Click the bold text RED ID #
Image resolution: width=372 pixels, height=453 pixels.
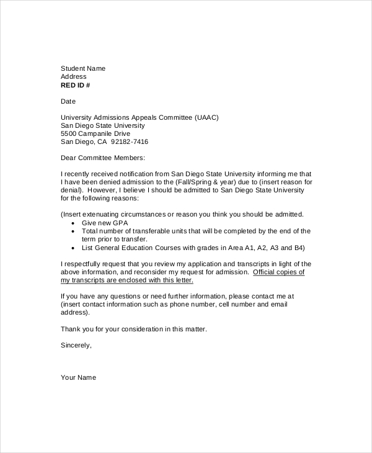pos(75,85)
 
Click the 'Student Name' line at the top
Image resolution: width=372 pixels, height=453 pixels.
pos(83,68)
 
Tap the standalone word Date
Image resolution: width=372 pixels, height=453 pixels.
pos(68,101)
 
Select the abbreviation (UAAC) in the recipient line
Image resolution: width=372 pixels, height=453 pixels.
pos(206,117)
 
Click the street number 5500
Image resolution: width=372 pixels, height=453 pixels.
pos(69,133)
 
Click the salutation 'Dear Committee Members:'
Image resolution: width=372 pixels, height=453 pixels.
pos(102,158)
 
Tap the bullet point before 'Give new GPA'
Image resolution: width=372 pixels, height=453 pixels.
pos(74,222)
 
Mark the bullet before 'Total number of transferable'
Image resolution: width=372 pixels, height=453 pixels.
pos(74,231)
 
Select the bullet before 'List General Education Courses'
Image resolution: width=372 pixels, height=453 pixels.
pos(74,247)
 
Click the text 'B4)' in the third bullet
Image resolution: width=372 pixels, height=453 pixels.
pos(299,247)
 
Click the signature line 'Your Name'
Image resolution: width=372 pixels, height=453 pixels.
pos(78,377)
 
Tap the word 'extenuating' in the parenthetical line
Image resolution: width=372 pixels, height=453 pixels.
pos(105,214)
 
